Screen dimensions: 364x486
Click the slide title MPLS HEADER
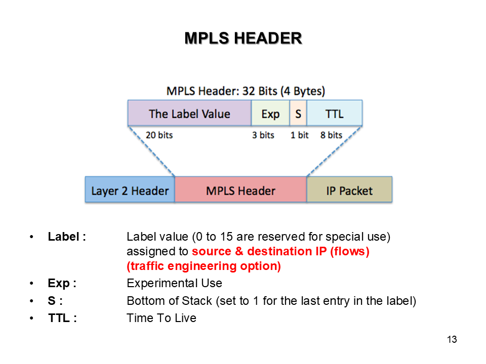[x=243, y=38]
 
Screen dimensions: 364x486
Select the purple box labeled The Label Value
[x=189, y=113]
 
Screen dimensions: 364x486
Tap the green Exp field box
[x=270, y=113]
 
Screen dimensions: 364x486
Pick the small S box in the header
[x=298, y=113]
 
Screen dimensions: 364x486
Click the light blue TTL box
[x=335, y=113]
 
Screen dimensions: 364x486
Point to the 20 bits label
[x=159, y=135]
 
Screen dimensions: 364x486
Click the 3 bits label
[x=263, y=135]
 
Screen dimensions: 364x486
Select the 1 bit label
[x=299, y=135]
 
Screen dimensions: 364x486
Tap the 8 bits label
[x=331, y=135]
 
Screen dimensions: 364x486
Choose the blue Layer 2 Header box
[x=130, y=191]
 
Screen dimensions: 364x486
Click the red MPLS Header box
[x=240, y=191]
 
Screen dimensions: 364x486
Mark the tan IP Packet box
[x=349, y=191]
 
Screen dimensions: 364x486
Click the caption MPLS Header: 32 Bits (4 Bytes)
[x=246, y=92]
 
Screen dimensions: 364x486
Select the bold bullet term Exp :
[x=62, y=283]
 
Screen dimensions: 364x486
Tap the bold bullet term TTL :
[x=62, y=318]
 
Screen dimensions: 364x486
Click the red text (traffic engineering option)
[x=204, y=266]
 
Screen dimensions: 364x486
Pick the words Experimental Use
[x=174, y=283]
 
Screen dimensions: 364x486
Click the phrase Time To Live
[x=161, y=318]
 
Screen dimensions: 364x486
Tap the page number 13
[x=452, y=340]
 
